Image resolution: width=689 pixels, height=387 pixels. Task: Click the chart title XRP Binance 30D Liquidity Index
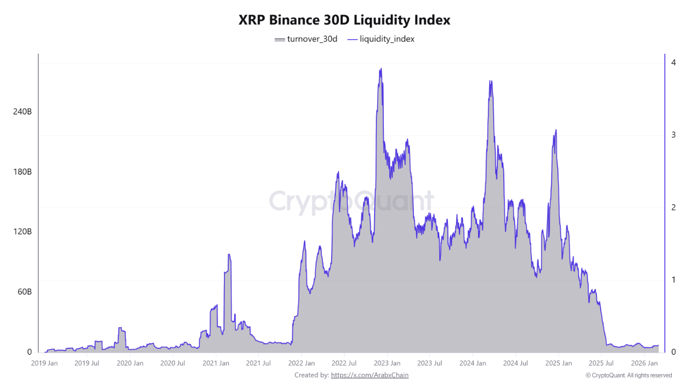[344, 20]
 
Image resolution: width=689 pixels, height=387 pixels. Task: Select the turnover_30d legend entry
[306, 39]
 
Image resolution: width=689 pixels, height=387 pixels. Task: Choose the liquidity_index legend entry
[381, 39]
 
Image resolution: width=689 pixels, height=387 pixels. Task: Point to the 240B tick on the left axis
[22, 112]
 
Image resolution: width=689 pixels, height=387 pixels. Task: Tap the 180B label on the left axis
[22, 172]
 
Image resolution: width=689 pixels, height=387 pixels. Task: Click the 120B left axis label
[22, 232]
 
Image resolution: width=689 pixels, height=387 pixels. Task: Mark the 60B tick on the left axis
[24, 292]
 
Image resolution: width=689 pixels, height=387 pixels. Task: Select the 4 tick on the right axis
[673, 62]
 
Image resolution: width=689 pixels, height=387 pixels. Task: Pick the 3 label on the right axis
[673, 135]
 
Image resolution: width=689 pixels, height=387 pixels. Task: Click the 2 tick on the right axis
[673, 207]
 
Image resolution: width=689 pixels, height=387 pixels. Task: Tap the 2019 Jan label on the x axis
[44, 363]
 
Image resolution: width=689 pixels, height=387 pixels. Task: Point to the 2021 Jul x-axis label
[258, 363]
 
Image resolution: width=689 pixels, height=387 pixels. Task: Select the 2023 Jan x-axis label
[387, 363]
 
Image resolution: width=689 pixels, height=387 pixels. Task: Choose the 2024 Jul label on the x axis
[515, 363]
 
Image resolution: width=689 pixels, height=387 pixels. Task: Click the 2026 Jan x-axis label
[644, 363]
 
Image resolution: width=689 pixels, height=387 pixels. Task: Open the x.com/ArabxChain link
[369, 375]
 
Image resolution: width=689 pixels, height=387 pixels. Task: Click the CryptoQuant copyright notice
[628, 375]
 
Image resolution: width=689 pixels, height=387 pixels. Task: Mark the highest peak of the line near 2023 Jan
[381, 69]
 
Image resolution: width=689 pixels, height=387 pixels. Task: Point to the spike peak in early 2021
[229, 254]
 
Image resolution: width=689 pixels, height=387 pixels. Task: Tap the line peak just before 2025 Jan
[556, 130]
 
